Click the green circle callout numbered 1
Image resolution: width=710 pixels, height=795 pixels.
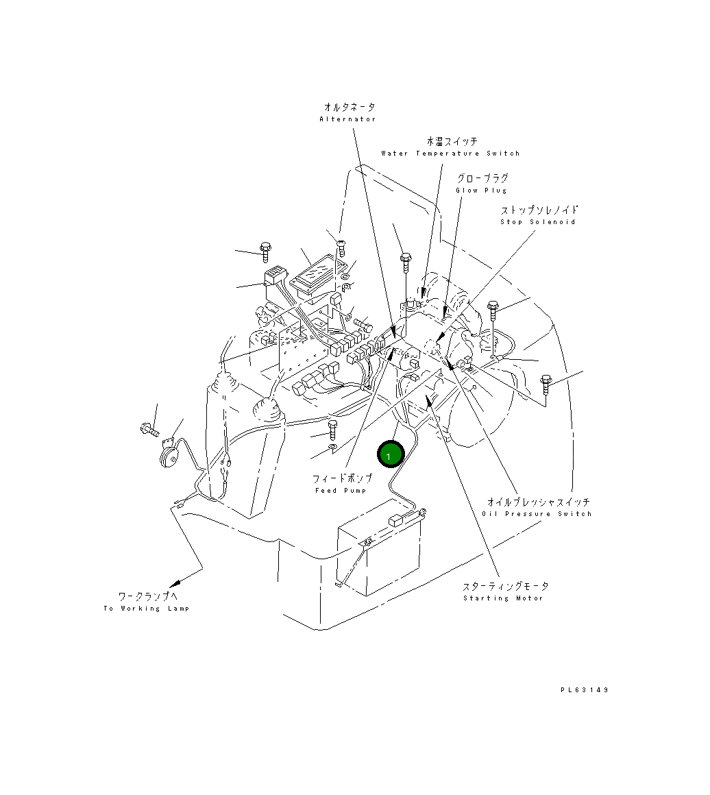coord(391,454)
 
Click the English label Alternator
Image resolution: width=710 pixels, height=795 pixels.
coord(347,119)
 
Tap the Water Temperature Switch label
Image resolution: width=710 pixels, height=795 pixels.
coord(450,154)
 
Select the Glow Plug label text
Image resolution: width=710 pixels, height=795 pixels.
coord(482,191)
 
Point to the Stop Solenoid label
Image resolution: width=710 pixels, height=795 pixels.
coord(537,222)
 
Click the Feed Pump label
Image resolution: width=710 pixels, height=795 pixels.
coord(341,491)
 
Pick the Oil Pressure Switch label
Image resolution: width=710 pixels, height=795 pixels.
coord(537,514)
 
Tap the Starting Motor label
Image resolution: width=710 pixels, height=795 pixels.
coord(503,598)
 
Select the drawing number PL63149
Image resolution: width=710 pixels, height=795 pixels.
coord(584,690)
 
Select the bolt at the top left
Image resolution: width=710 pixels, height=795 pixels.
coord(265,252)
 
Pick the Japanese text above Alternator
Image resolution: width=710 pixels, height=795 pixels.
coord(349,108)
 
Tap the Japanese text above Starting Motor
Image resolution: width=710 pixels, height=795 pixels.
coord(505,587)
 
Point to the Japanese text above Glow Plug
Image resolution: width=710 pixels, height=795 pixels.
coord(482,179)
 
